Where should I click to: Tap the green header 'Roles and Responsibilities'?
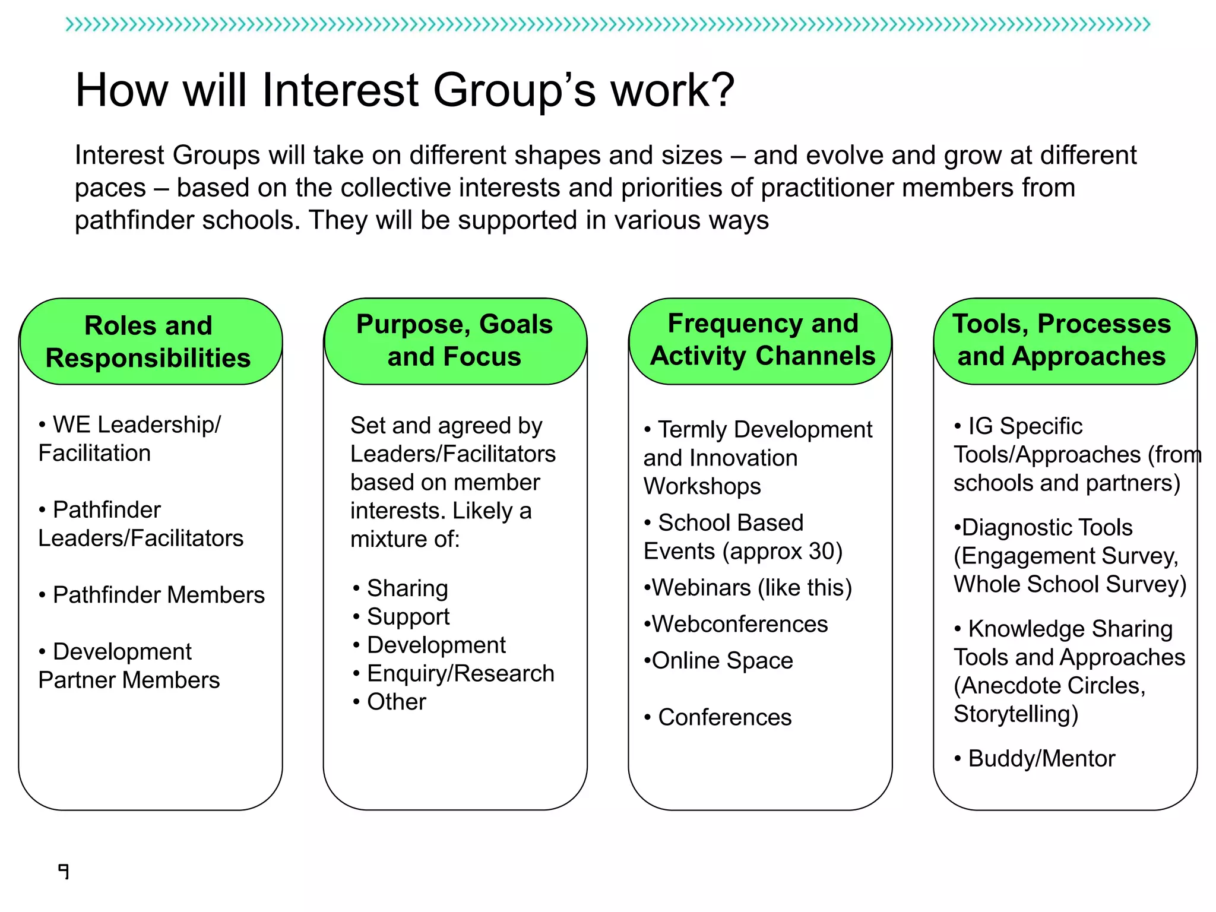point(148,341)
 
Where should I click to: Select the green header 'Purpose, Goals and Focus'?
point(454,340)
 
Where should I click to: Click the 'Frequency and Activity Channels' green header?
point(762,340)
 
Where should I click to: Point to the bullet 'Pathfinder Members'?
point(159,595)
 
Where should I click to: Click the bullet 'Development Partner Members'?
point(129,666)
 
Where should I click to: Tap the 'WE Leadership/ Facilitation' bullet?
point(129,439)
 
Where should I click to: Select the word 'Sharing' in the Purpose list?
point(407,588)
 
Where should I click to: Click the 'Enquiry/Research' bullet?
point(460,673)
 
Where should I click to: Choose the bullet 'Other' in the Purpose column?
point(397,702)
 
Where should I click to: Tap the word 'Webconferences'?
point(739,624)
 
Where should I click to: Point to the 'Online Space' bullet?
point(722,660)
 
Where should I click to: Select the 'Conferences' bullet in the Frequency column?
point(724,717)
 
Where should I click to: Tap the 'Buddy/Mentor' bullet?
point(1041,759)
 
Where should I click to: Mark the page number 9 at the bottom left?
point(64,871)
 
